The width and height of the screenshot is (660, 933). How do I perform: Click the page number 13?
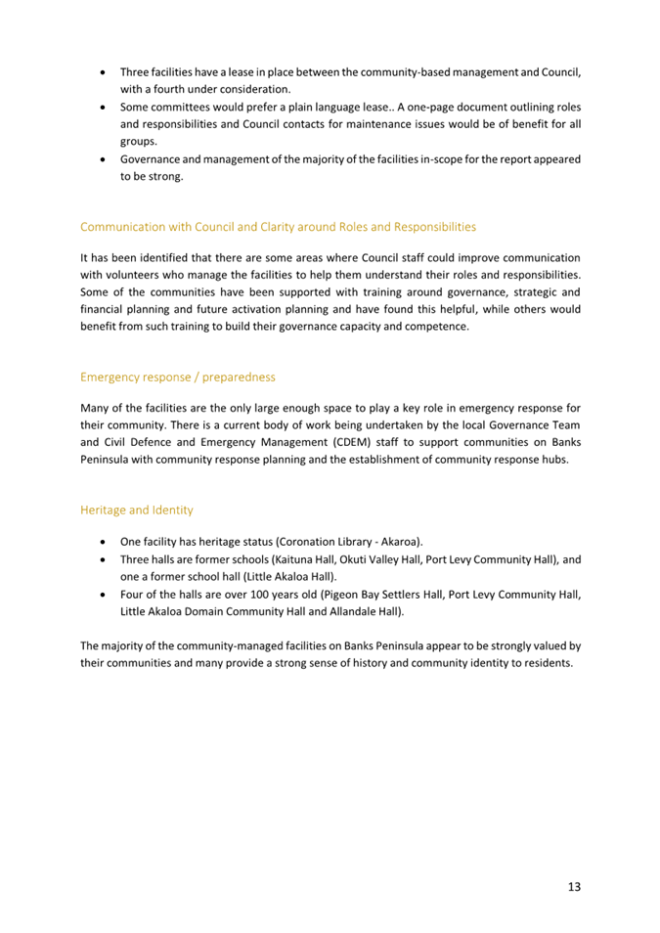pyautogui.click(x=574, y=886)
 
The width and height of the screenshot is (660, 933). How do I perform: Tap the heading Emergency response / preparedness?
pyautogui.click(x=178, y=376)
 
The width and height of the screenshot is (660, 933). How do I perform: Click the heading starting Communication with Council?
pyautogui.click(x=278, y=226)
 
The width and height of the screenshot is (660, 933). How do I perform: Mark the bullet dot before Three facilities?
pyautogui.click(x=104, y=72)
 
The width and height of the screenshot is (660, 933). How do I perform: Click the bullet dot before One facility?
pyautogui.click(x=104, y=541)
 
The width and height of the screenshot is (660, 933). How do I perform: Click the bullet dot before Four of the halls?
pyautogui.click(x=104, y=595)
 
